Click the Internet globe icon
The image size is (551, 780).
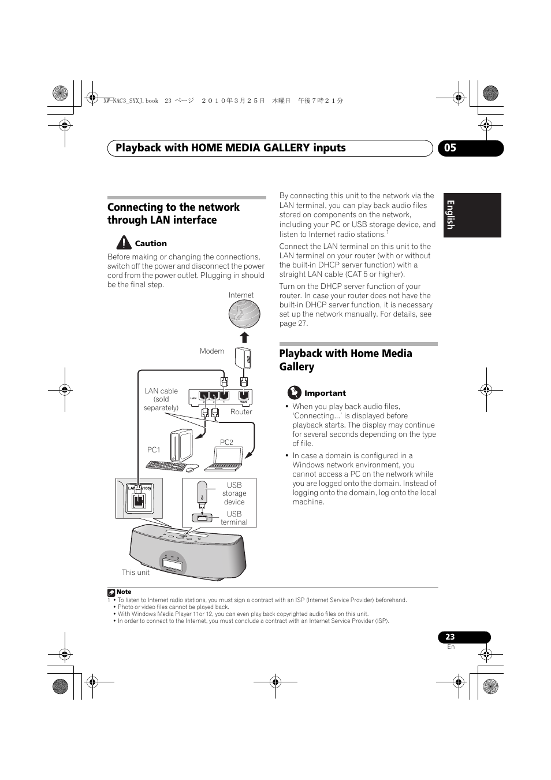(244, 314)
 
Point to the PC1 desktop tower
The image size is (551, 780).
(183, 445)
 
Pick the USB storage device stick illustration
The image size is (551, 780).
(202, 492)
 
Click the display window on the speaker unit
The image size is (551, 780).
(172, 564)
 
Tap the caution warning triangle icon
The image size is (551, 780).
(123, 243)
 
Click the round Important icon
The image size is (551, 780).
(295, 393)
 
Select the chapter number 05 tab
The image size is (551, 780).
(470, 148)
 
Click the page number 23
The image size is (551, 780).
(451, 637)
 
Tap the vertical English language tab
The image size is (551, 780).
(472, 215)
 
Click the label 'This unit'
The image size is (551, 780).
(136, 573)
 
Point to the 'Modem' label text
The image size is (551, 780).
(212, 351)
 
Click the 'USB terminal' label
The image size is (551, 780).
(234, 518)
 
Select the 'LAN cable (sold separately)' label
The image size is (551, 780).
(161, 399)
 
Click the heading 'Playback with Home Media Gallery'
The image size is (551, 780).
(345, 360)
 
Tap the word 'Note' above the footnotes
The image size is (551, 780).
(124, 592)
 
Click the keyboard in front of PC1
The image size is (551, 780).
(166, 466)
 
